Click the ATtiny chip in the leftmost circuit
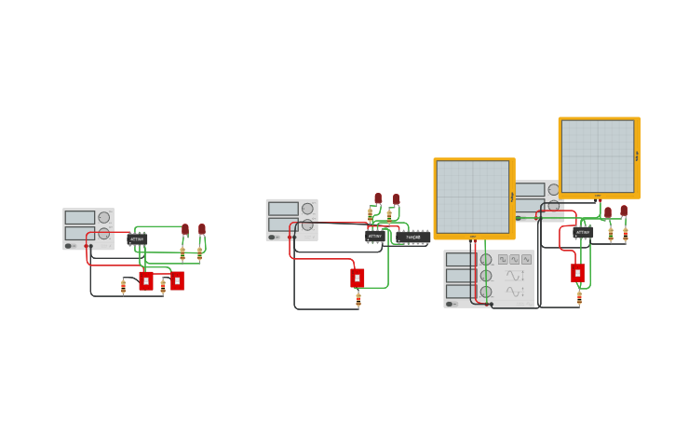(x=137, y=239)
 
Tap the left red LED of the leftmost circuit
(x=185, y=229)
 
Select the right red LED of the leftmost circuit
(x=201, y=229)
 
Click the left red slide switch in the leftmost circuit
(x=146, y=280)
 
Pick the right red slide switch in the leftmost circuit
(x=177, y=280)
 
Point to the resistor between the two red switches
(x=163, y=287)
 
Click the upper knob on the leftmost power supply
(x=103, y=218)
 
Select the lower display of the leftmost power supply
(x=80, y=233)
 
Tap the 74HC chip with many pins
(x=413, y=238)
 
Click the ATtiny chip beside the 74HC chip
(x=375, y=237)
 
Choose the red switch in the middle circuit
(x=358, y=278)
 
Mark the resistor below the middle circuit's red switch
(x=358, y=299)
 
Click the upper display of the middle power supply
(x=283, y=209)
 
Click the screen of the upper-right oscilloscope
(x=598, y=156)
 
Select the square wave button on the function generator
(x=503, y=259)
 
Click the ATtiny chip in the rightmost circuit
(x=583, y=232)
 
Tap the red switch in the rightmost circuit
(x=577, y=273)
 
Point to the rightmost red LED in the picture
(x=624, y=211)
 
